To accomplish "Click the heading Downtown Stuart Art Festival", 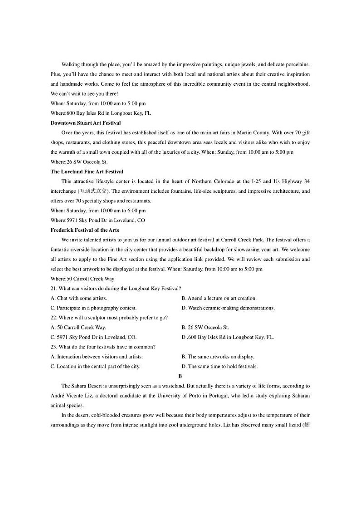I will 86,123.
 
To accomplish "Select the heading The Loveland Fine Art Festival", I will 87,172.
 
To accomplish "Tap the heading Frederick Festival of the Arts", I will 85,230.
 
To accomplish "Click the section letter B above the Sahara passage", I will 180,376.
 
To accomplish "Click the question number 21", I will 54,289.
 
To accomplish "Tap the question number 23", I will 54,347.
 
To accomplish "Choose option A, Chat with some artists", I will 79,298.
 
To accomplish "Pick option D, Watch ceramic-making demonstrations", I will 228,308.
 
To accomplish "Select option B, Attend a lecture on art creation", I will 219,298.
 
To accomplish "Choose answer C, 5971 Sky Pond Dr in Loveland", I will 93,338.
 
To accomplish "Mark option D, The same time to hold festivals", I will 219,367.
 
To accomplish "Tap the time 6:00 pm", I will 136,211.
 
